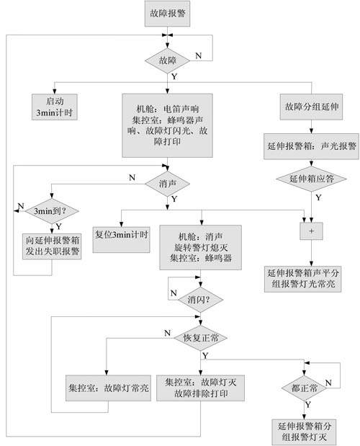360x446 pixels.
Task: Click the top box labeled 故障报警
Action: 167,14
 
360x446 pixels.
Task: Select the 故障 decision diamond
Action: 167,61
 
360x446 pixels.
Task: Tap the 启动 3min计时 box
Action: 54,107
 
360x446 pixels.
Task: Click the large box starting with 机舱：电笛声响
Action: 167,125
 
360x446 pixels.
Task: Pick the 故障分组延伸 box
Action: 311,107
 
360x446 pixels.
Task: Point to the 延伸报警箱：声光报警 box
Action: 311,146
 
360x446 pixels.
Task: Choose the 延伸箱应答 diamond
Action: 311,179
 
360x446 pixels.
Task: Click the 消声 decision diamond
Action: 167,184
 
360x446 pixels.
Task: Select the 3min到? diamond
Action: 52,211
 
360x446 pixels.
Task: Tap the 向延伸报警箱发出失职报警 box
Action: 52,246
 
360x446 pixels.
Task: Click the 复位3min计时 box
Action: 122,239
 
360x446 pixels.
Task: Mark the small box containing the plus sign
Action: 311,231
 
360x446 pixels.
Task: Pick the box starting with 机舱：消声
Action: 200,247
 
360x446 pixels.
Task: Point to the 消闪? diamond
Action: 200,300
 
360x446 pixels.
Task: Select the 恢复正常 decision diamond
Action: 200,338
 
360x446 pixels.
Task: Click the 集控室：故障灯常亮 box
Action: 108,388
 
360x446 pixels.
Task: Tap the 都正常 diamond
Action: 304,388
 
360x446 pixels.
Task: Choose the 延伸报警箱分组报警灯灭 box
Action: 304,432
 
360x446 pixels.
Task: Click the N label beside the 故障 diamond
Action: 198,55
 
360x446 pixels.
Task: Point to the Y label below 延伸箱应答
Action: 318,197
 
